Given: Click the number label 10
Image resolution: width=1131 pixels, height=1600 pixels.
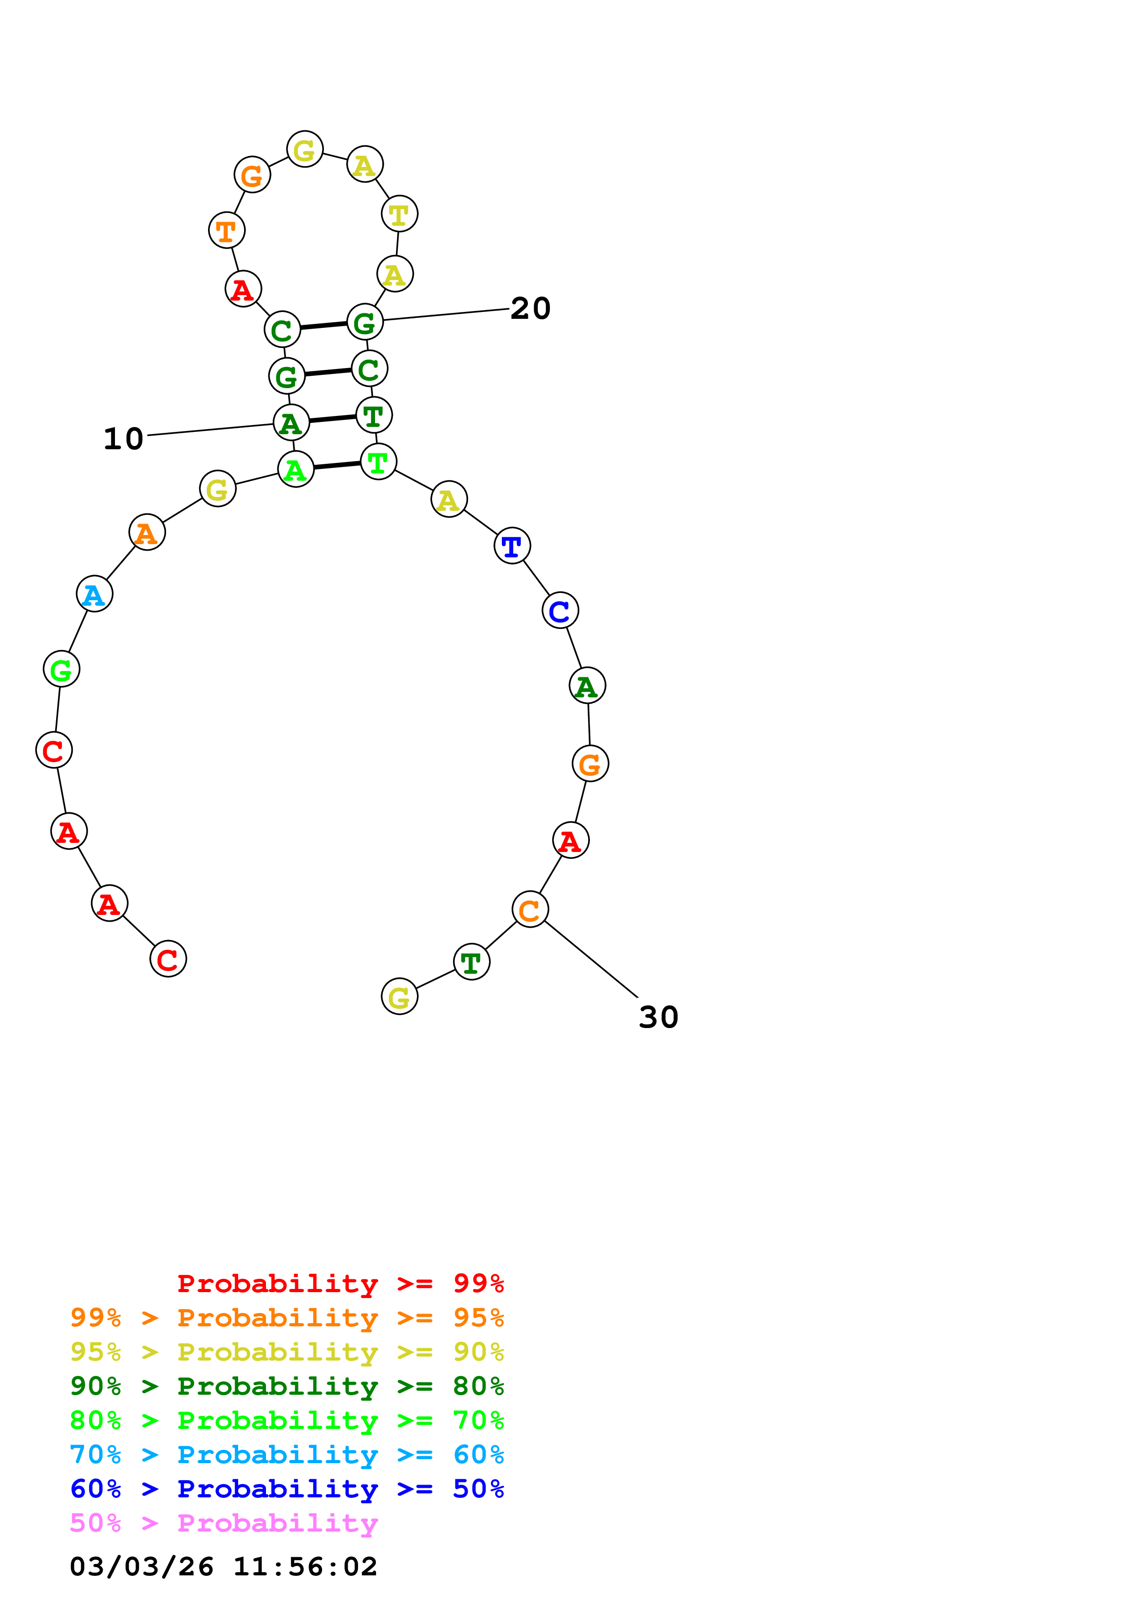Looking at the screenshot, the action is (123, 439).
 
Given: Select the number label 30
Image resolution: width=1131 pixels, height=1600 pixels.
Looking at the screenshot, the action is (658, 1018).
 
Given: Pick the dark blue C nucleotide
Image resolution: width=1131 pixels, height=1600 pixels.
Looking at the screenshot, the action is (560, 610).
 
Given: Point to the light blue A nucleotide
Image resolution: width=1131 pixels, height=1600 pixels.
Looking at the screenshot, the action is (94, 594).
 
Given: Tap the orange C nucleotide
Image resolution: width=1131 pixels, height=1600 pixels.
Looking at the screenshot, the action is (530, 909).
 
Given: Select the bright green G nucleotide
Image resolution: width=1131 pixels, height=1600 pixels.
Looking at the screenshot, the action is (61, 669).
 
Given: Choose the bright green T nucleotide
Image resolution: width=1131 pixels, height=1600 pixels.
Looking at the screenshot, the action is (378, 462).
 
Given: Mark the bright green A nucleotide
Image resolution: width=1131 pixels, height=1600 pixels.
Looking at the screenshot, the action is (296, 470).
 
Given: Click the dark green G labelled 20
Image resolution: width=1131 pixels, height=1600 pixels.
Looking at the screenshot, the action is (365, 322).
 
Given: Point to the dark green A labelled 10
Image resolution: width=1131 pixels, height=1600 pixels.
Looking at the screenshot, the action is (291, 423).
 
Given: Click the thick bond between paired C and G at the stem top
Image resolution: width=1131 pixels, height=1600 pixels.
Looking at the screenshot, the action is (323, 326).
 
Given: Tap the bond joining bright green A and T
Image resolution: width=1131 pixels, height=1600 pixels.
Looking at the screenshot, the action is (337, 466).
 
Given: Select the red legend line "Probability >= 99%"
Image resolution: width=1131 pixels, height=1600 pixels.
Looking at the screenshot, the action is (340, 1283).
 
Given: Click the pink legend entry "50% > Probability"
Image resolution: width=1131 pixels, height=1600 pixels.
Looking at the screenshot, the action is (223, 1523).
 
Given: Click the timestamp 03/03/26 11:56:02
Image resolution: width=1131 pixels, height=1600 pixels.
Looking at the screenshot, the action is (223, 1567).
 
